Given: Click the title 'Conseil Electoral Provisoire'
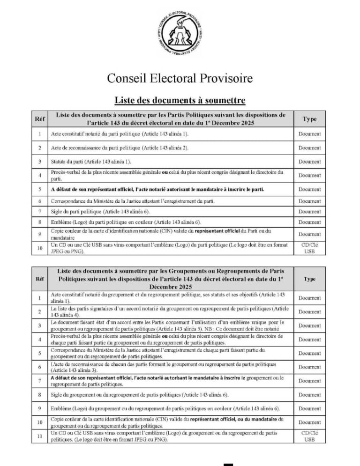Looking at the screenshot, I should [180, 78].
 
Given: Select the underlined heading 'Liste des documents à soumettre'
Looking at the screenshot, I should [180, 100].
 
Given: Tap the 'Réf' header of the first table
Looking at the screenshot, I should [40, 119].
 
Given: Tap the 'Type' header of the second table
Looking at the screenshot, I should [309, 279].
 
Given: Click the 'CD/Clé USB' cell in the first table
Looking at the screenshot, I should [309, 248].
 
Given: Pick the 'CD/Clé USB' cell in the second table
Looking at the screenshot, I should [309, 436].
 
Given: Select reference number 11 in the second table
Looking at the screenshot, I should [40, 436].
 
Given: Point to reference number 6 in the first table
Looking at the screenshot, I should [40, 201].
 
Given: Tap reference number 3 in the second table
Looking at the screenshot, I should [40, 325].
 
